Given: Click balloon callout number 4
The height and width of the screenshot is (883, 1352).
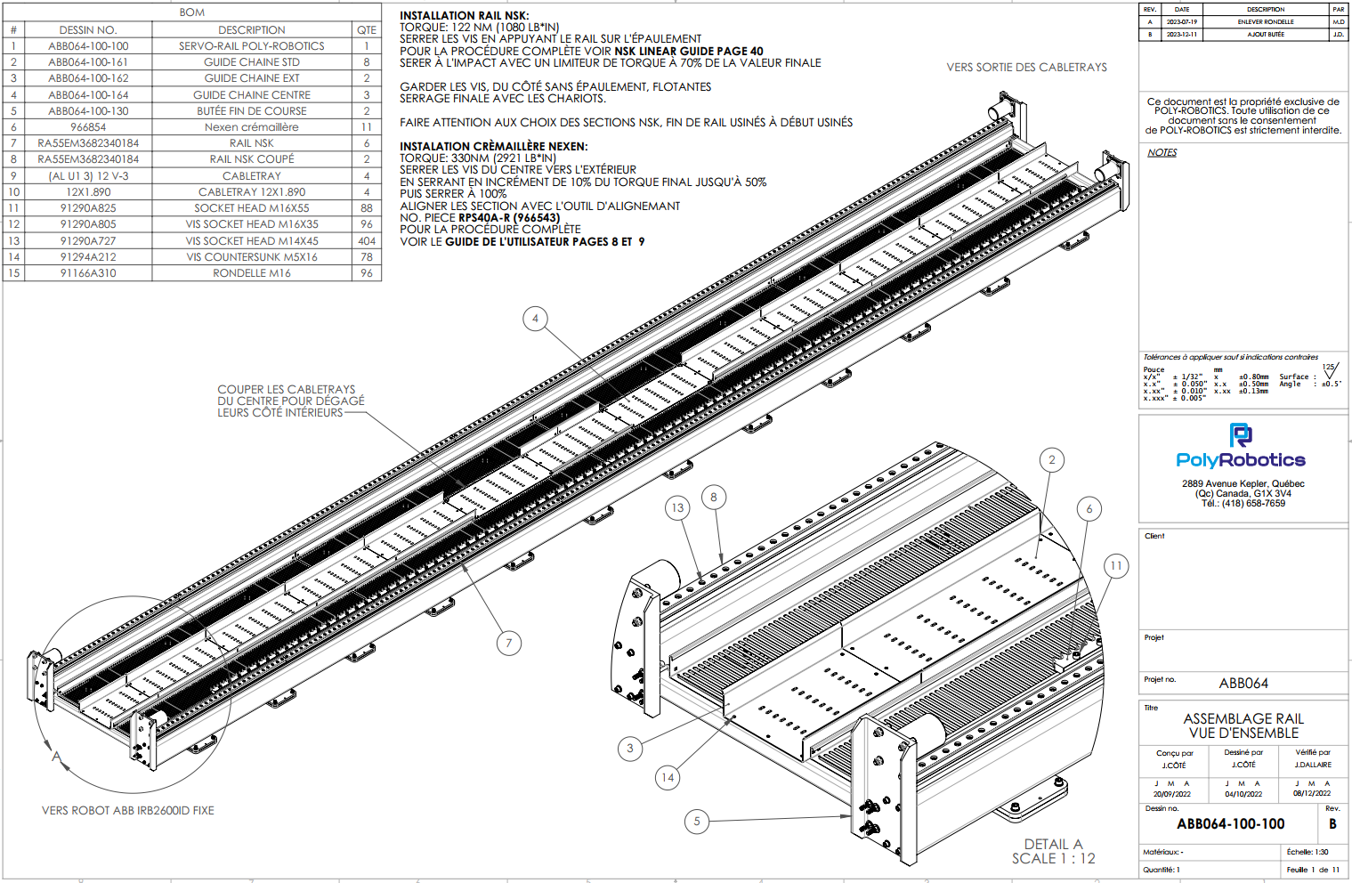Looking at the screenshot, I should click(x=535, y=319).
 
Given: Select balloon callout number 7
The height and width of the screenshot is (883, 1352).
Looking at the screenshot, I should click(x=509, y=643).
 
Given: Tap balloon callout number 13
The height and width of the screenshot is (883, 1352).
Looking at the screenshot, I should click(x=677, y=508).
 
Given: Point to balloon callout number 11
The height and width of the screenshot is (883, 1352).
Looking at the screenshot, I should click(x=1116, y=565).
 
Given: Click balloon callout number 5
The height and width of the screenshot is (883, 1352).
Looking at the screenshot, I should click(x=697, y=821).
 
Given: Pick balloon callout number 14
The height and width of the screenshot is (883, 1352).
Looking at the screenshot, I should click(x=668, y=777).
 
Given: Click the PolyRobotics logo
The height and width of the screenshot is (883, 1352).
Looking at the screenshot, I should click(x=1241, y=449).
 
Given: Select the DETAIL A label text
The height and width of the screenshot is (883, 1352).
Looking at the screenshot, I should click(x=1053, y=844).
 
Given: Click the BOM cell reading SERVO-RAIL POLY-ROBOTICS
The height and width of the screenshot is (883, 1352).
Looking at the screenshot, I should click(x=252, y=46).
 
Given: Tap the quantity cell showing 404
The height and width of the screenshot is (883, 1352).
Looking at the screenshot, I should click(x=367, y=241).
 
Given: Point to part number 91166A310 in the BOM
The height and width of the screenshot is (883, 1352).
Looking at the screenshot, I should click(x=88, y=273).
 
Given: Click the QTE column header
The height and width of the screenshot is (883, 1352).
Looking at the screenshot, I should click(x=367, y=30).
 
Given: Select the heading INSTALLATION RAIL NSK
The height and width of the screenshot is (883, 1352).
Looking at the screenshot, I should click(x=464, y=16).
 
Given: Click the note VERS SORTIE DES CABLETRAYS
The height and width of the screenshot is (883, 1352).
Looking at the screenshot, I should click(x=1026, y=68).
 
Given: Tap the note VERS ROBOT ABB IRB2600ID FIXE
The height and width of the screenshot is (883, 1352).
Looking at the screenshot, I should click(x=128, y=811).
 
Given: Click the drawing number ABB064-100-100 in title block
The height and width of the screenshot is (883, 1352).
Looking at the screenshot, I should click(x=1230, y=824).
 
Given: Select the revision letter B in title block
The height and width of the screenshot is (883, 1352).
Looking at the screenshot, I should click(x=1332, y=824).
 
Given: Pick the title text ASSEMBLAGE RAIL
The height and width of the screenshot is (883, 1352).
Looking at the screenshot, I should click(x=1243, y=718).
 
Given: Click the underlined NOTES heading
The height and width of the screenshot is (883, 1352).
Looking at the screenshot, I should click(x=1162, y=152).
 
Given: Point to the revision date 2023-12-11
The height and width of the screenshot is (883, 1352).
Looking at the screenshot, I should click(x=1181, y=35).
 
